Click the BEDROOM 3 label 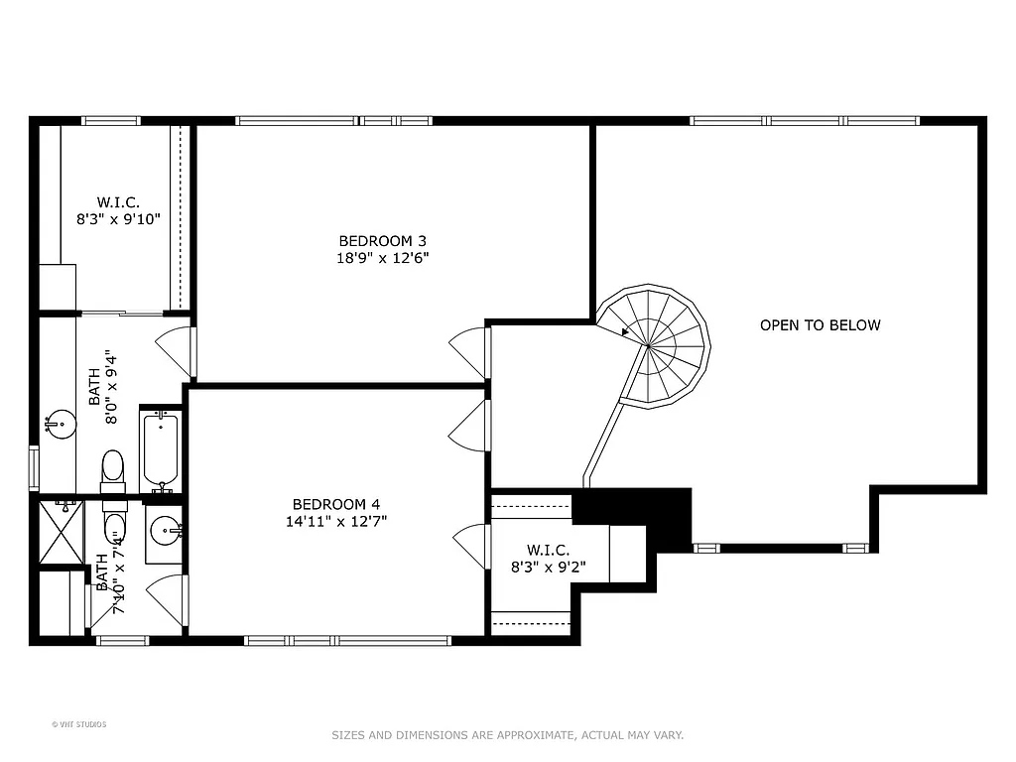[383, 240]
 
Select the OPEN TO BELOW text [820, 324]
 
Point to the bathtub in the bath [160, 451]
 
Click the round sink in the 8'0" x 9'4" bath [62, 425]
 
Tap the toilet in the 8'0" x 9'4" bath [113, 468]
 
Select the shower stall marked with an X [61, 533]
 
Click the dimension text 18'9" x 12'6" [383, 258]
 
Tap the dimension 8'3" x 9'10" [118, 220]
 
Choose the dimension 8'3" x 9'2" [548, 569]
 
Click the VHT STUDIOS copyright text [79, 724]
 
